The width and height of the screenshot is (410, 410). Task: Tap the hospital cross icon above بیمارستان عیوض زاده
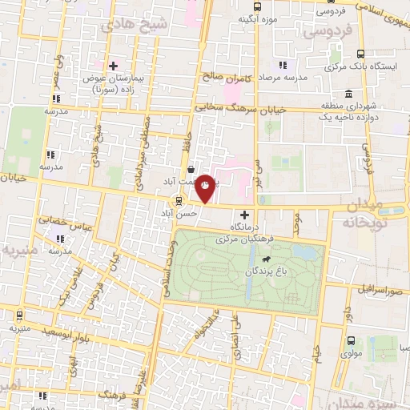pyautogui.click(x=114, y=65)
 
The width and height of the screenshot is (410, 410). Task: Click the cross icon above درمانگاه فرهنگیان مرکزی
pyautogui.click(x=245, y=215)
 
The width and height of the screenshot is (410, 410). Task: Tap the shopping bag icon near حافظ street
pyautogui.click(x=190, y=169)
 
